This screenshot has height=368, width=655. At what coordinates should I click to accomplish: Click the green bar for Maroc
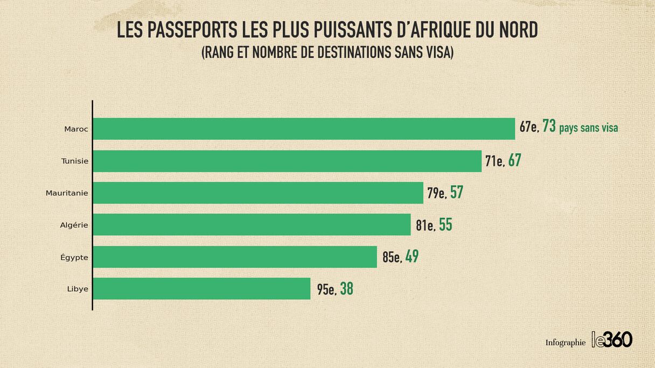tap(304, 129)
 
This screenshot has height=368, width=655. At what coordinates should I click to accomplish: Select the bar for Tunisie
tap(287, 161)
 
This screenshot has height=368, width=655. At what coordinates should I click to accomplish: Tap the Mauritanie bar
tap(258, 193)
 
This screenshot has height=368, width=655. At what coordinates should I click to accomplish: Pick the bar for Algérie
tap(252, 225)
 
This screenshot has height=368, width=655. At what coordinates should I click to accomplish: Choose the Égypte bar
tap(235, 257)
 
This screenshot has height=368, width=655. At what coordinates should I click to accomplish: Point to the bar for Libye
tap(201, 289)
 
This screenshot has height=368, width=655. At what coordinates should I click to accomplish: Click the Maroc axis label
tap(76, 129)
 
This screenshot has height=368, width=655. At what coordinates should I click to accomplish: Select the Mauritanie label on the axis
tap(67, 193)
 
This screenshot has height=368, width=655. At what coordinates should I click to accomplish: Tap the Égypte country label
tap(74, 258)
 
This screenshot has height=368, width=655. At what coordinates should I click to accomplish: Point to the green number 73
tap(549, 126)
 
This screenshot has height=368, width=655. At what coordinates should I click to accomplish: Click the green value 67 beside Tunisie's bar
tap(514, 160)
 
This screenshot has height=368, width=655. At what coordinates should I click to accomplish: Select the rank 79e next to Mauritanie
tap(437, 193)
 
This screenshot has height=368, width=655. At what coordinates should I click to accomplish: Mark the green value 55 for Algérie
tap(445, 224)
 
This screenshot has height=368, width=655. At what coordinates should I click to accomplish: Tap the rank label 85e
tap(392, 257)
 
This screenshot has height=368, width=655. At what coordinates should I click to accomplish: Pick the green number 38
tap(346, 289)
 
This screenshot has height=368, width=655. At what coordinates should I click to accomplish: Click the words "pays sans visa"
tap(589, 129)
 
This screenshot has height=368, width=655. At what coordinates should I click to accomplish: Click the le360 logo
tap(612, 339)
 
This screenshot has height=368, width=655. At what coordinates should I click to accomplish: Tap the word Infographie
tap(565, 343)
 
